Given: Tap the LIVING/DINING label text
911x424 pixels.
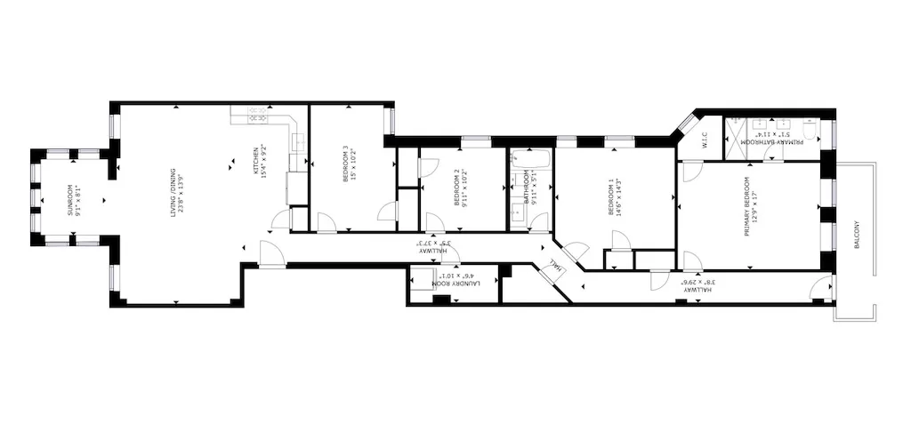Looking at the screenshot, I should pos(174,200).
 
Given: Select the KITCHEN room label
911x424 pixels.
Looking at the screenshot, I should pos(256,160).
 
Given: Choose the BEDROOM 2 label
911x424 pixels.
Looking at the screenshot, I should pos(456,188).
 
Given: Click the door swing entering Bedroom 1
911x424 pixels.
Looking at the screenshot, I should pos(619,241).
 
